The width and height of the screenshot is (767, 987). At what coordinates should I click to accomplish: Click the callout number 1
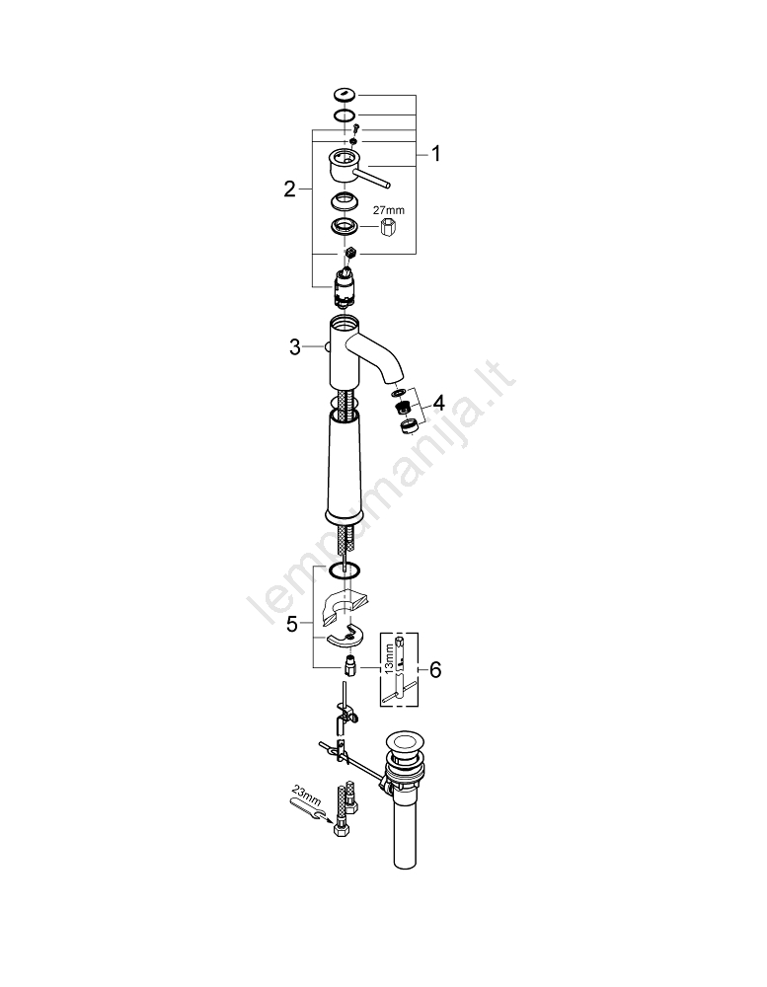(x=435, y=154)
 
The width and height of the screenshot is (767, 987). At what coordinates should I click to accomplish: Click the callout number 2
(x=289, y=190)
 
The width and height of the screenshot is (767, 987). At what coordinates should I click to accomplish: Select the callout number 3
(x=294, y=346)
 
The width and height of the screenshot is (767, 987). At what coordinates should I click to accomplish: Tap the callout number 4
(x=438, y=403)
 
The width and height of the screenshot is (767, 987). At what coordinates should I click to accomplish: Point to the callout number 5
(x=291, y=624)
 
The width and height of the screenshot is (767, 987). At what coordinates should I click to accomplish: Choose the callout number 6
(x=435, y=669)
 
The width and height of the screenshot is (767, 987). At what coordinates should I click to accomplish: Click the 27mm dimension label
(x=387, y=210)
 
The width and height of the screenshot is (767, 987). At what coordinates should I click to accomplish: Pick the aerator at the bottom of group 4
(x=406, y=427)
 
